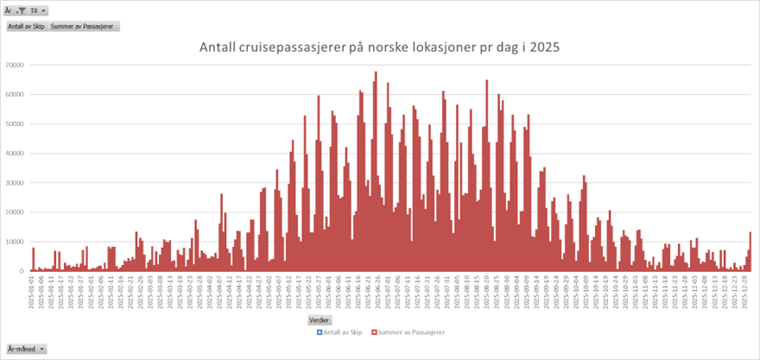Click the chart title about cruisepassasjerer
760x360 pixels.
tap(380, 47)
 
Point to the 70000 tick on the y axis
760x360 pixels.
tap(13, 65)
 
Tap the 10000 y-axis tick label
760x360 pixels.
tap(13, 242)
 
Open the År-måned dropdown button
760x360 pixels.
tap(25, 349)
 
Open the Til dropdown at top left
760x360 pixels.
tap(38, 11)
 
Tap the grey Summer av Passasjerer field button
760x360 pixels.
tap(84, 26)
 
